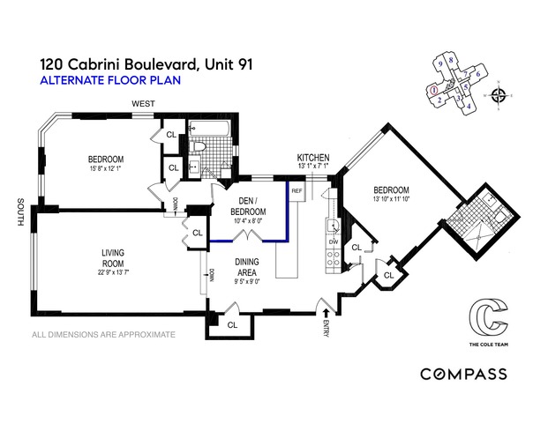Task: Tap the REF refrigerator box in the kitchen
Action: [x=297, y=190]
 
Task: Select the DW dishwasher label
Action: [x=334, y=241]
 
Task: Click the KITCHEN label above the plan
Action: [x=313, y=157]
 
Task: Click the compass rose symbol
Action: [x=500, y=95]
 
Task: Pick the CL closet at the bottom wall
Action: [x=232, y=324]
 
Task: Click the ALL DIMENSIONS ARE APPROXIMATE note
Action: [x=103, y=335]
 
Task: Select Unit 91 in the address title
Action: [x=222, y=63]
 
